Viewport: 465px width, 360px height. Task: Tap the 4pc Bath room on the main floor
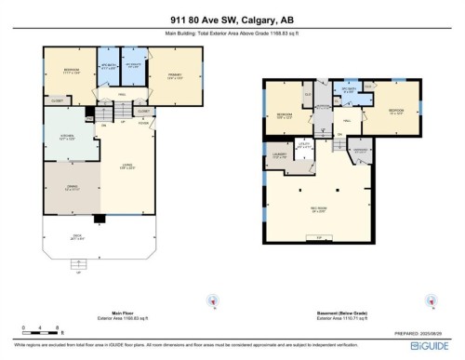[108, 67]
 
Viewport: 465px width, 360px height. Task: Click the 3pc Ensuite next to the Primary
[133, 66]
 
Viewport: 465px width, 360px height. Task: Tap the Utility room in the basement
[304, 144]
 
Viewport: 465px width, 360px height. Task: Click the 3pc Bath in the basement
[349, 92]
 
